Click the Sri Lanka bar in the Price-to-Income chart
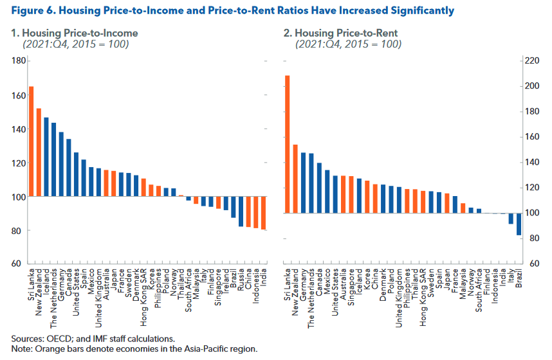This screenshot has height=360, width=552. click(32, 141)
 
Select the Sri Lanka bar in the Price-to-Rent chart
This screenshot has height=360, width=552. click(287, 144)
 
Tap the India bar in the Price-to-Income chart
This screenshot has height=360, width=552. click(263, 213)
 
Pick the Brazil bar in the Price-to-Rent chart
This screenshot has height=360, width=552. click(519, 224)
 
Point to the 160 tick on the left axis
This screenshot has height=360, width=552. click(19, 95)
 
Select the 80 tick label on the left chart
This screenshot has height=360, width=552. click(19, 230)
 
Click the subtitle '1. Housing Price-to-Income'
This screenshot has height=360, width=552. click(74, 33)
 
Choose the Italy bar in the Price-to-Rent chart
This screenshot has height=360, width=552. click(511, 219)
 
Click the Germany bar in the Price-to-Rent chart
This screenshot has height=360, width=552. click(303, 183)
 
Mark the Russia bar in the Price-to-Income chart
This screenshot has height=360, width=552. click(240, 212)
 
